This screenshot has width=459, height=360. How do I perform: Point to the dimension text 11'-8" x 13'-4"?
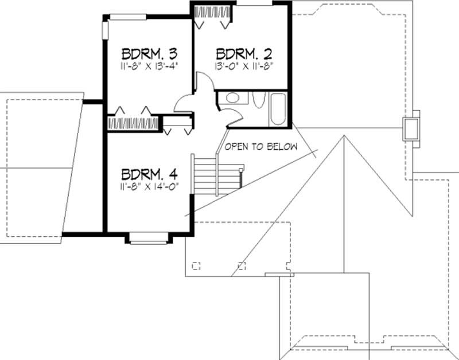[x=148, y=65]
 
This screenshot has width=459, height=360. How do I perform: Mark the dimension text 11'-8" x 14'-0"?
[x=148, y=186]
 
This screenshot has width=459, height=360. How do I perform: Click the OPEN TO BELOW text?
[x=261, y=147]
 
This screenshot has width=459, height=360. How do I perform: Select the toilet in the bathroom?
[x=258, y=101]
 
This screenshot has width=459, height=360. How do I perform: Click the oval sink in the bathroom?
[x=233, y=98]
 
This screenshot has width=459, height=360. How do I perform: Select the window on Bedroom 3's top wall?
[x=127, y=15]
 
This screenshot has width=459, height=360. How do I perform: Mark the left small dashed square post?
[x=198, y=265]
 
